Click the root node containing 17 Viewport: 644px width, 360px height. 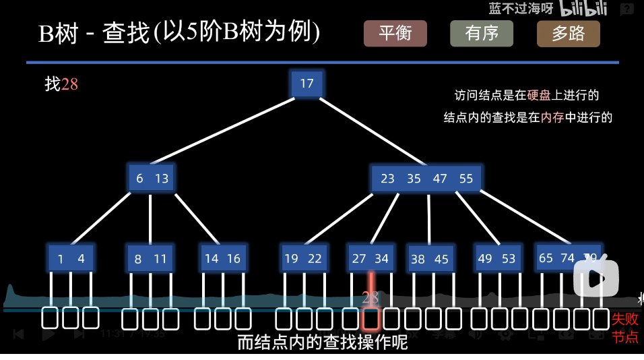307,84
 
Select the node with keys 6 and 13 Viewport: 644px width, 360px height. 152,179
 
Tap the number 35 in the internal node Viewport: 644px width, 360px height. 414,179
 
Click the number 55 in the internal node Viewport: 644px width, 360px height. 466,179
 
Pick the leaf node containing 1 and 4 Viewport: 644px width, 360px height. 71,259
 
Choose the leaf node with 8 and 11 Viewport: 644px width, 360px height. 150,259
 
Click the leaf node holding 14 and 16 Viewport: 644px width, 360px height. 222,258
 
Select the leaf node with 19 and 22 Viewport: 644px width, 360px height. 303,258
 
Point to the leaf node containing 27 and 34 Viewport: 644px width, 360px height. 371,258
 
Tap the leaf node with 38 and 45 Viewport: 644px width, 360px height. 430,259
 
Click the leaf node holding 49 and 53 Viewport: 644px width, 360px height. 496,258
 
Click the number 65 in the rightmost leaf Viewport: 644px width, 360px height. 546,258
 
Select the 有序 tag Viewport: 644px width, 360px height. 482,34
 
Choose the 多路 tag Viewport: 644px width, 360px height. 568,34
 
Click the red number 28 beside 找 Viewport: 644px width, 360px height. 69,84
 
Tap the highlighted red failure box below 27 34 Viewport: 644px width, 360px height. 371,318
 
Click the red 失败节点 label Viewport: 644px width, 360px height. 625,327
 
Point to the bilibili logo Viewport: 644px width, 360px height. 584,9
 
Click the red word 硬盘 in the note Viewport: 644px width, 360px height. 540,95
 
